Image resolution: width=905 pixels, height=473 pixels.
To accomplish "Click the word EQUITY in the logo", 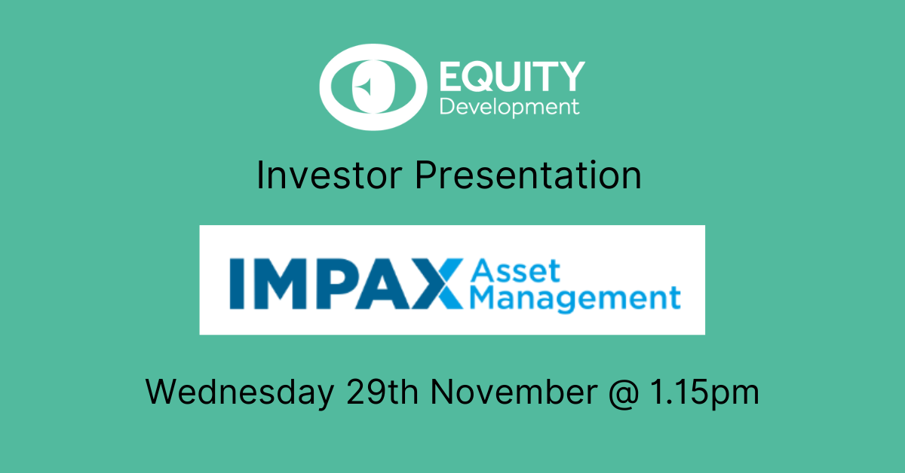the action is (512, 76).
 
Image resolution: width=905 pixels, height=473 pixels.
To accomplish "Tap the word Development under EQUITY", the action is (510, 108).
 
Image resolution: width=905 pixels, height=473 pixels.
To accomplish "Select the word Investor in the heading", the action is (330, 175).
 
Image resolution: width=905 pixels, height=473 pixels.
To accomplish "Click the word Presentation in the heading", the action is (528, 175).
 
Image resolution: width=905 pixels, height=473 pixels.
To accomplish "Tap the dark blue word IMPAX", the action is (346, 284).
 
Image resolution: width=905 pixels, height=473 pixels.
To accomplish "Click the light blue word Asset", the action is (516, 271).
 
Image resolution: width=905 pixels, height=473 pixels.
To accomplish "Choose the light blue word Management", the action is (575, 299).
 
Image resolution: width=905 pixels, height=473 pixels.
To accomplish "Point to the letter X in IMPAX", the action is (438, 284).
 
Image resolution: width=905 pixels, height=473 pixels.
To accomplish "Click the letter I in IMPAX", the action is (237, 284).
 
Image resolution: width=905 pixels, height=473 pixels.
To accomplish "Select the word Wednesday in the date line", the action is (240, 392).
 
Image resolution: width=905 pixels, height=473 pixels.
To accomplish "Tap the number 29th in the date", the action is (382, 392).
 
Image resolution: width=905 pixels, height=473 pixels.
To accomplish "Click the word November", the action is (514, 392).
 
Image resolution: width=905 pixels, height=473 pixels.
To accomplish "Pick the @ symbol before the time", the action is (624, 393).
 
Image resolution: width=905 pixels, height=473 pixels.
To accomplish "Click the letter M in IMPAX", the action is (280, 284).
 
